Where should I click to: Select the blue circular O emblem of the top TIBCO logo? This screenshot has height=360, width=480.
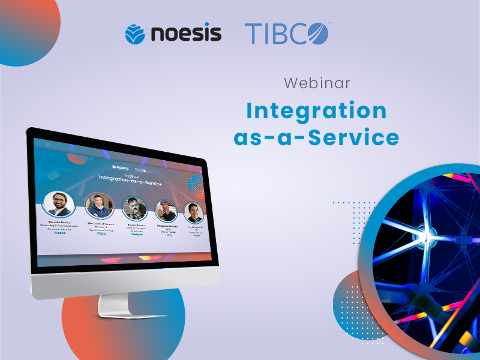(317, 33)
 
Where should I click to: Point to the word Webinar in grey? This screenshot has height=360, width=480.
(317, 83)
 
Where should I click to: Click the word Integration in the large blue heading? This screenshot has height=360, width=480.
(316, 111)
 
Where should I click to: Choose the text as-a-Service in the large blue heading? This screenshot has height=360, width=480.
(316, 137)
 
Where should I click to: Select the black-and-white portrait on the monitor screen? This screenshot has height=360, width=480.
(134, 208)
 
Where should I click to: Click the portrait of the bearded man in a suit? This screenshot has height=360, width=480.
(58, 203)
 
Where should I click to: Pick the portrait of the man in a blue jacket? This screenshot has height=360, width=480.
(99, 206)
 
